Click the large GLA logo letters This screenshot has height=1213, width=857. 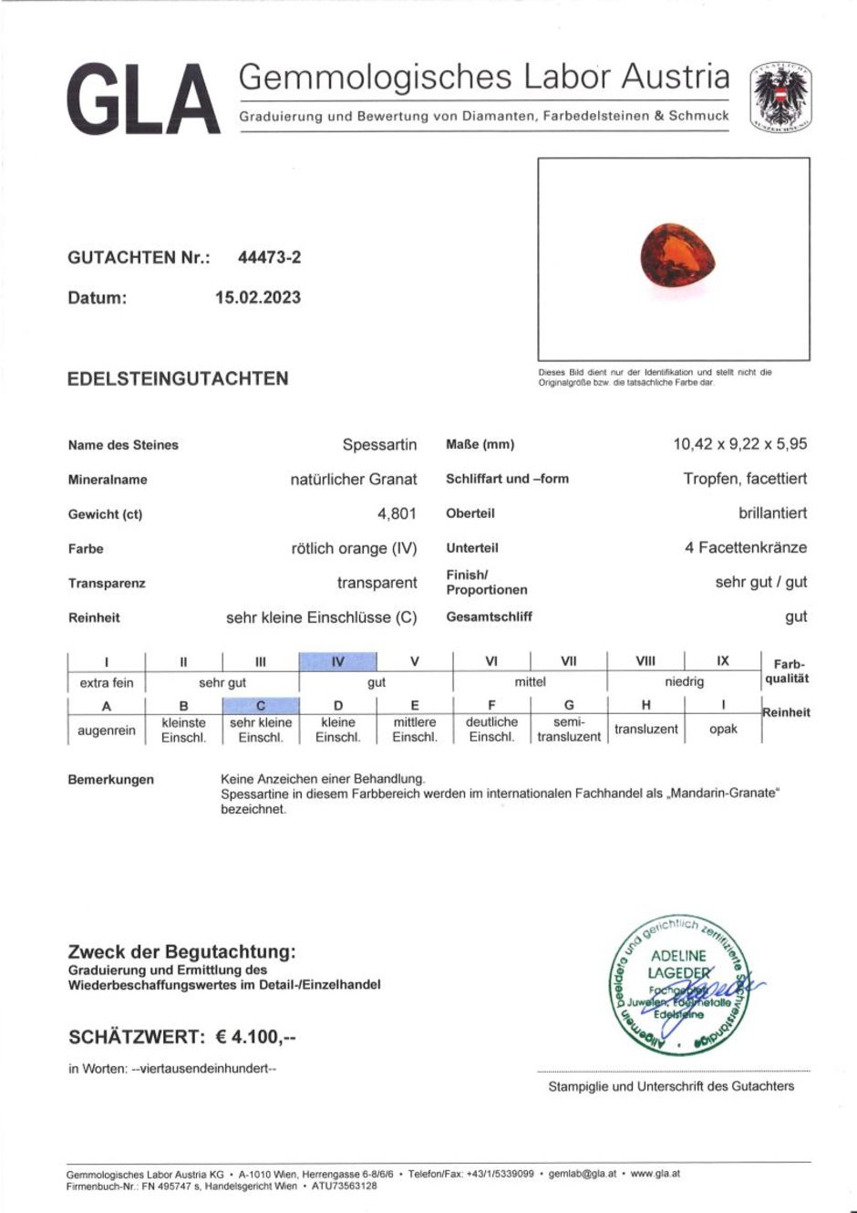[143, 99]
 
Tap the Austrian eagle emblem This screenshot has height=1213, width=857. [780, 98]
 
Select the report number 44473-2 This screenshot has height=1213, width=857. [269, 257]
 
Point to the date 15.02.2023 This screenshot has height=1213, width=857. [257, 297]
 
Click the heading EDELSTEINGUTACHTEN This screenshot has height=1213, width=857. [178, 378]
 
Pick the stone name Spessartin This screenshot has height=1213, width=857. [379, 445]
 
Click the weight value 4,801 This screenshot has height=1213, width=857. [397, 513]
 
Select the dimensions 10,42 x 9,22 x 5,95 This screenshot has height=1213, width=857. [739, 444]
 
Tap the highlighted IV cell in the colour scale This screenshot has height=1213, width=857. [337, 662]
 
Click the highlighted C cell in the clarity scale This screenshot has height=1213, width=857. [261, 705]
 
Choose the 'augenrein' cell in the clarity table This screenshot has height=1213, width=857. [107, 730]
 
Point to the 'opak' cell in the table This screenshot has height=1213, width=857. [723, 730]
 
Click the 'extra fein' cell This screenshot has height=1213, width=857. [107, 682]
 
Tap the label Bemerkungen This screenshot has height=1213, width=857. [111, 780]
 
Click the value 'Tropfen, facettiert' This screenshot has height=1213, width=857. [745, 479]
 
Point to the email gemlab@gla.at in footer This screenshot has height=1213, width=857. [582, 1174]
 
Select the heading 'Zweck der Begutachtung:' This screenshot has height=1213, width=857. [182, 952]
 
